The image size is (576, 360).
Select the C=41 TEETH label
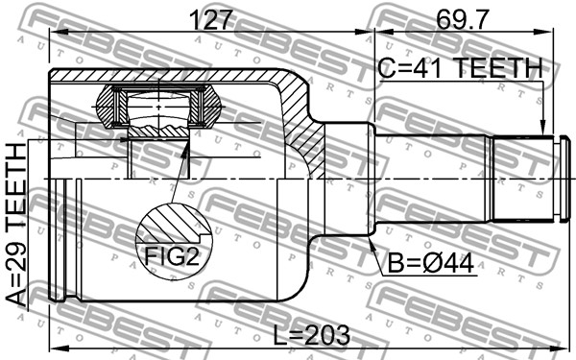460,68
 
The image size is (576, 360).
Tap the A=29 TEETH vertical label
17,225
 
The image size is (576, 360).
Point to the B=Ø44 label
431,263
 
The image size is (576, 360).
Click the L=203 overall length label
312,335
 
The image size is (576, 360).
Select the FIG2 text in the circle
172,256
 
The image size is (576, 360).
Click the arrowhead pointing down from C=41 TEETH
543,129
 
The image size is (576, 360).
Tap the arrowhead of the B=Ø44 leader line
372,244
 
